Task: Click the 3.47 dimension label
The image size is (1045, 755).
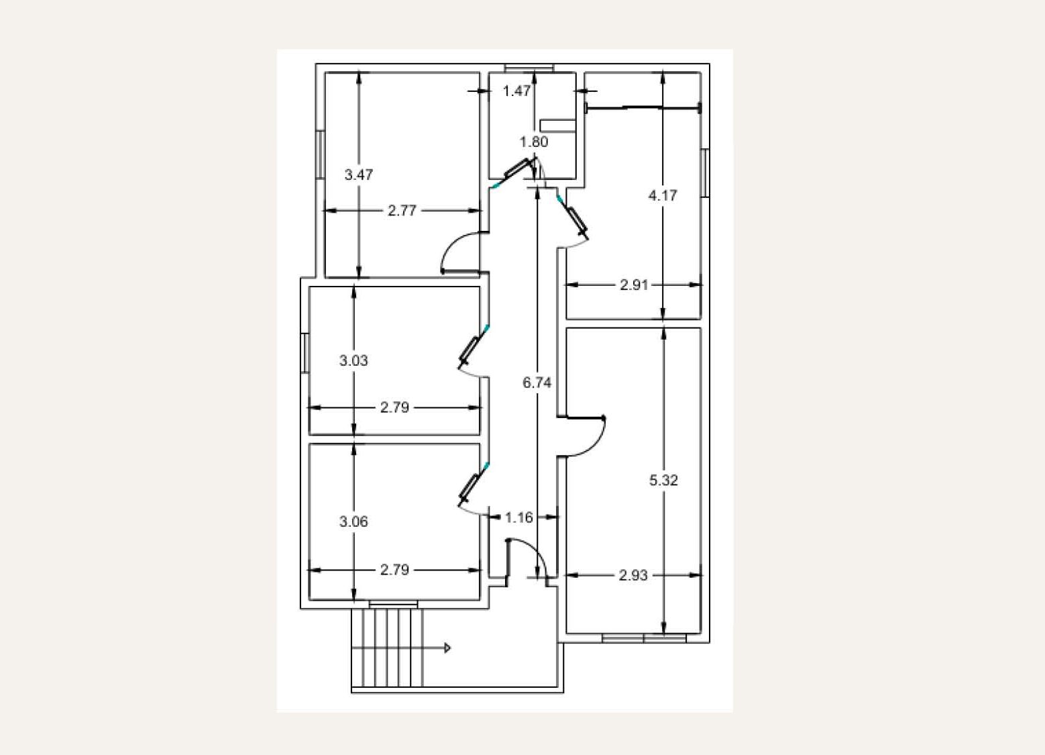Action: point(358,175)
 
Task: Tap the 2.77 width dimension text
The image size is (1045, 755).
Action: point(402,211)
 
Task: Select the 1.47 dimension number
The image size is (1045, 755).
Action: point(516,91)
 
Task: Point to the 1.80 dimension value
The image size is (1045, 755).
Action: point(534,142)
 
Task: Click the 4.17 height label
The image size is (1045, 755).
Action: point(663,195)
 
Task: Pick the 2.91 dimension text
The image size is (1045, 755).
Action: point(634,285)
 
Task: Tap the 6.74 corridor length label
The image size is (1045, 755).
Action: point(537,383)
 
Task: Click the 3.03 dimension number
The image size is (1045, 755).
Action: point(353,360)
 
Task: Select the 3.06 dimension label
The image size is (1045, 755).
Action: point(353,521)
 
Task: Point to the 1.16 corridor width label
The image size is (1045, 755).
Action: point(518,517)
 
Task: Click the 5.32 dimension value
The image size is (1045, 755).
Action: point(663,480)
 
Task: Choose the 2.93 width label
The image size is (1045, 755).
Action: point(633,575)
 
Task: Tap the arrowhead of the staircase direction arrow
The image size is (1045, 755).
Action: point(447,648)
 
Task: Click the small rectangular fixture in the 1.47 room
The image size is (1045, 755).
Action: point(557,125)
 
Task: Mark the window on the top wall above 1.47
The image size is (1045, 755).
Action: point(529,68)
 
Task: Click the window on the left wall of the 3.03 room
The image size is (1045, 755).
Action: point(305,353)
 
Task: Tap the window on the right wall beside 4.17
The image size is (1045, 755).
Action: point(706,172)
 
